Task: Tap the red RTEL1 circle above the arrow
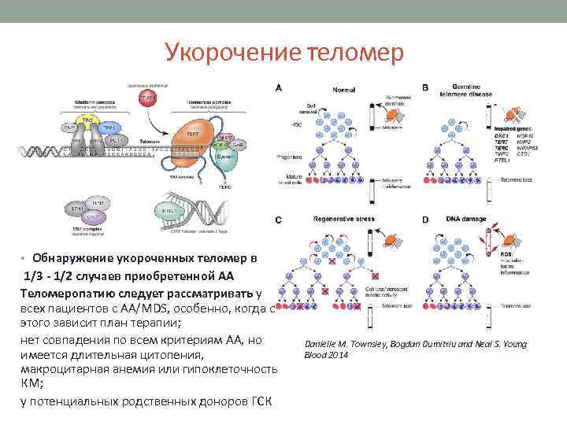pos(146,98)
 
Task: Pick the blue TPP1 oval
pos(109,127)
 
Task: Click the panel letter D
pos(425,219)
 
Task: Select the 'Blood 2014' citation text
pos(327,355)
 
